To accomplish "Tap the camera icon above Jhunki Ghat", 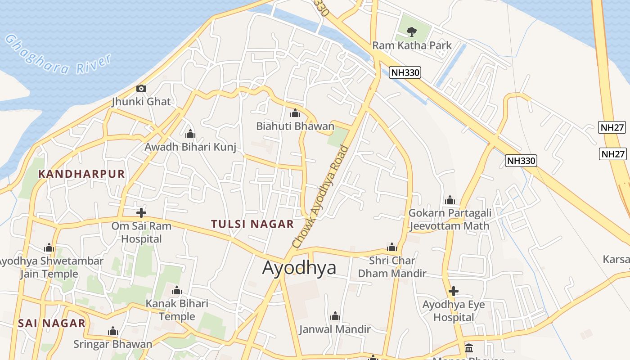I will (x=141, y=88).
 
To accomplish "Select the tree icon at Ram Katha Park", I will (x=411, y=31).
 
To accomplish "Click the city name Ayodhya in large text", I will (x=299, y=268).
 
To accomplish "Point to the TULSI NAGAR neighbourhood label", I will (x=252, y=224).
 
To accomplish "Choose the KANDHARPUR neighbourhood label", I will (x=81, y=174).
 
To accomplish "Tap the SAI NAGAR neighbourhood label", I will (x=52, y=323).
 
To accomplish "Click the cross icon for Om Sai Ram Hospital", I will (x=141, y=212).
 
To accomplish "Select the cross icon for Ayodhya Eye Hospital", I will (x=454, y=291).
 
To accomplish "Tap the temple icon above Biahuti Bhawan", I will (x=295, y=113).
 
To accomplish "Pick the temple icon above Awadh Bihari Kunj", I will (x=190, y=134).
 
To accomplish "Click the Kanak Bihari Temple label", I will (x=177, y=310).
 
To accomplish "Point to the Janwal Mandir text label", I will (x=335, y=329).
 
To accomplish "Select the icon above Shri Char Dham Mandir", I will (x=392, y=247).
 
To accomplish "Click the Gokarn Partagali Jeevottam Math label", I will (x=450, y=219).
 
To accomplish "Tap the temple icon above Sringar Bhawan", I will (x=113, y=332).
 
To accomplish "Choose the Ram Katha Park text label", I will (x=412, y=45).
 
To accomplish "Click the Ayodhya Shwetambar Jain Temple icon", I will (x=49, y=248).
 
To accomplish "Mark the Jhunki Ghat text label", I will (x=141, y=101).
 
